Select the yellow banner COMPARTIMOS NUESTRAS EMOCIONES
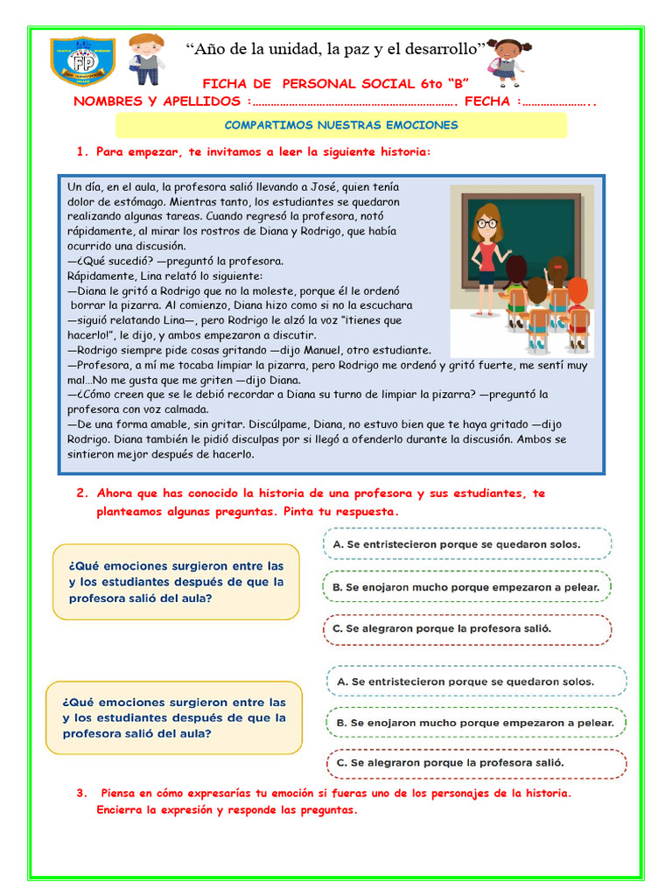pyautogui.click(x=341, y=125)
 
